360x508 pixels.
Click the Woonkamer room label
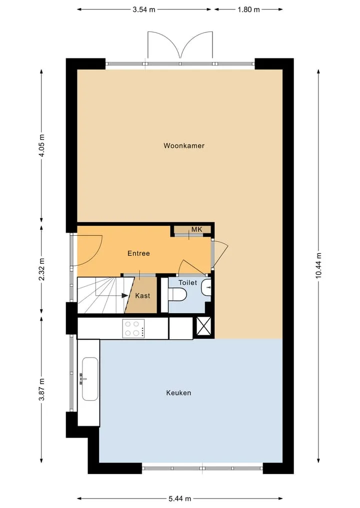click(x=184, y=146)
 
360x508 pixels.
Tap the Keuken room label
click(x=178, y=393)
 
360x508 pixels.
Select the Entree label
click(x=138, y=253)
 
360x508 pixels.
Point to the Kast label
click(x=142, y=296)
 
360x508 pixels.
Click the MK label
click(x=197, y=229)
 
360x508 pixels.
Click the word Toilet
click(x=188, y=283)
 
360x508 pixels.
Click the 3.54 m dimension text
click(x=144, y=9)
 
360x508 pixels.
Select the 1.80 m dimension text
click(x=249, y=9)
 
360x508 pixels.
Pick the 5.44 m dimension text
click(x=179, y=499)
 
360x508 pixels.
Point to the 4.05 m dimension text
click(x=41, y=145)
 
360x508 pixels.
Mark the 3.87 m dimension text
click(x=41, y=390)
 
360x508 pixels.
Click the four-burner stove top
click(x=133, y=329)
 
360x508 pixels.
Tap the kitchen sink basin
click(x=90, y=379)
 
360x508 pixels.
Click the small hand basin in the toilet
click(x=206, y=287)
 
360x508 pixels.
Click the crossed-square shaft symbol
click(x=203, y=327)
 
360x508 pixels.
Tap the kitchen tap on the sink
click(x=82, y=379)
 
